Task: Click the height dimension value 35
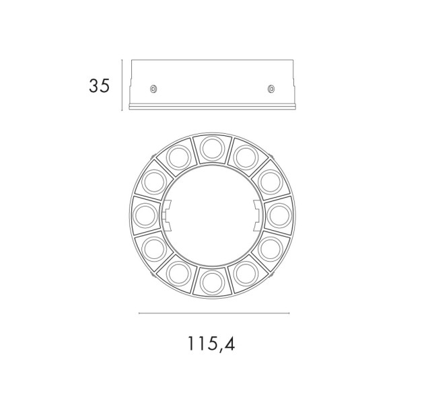coord(99,86)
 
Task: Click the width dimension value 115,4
coord(211,344)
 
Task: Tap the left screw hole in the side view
coord(153,89)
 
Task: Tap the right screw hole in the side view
coord(271,89)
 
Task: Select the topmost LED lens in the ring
coord(213,149)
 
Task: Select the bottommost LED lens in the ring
coord(213,283)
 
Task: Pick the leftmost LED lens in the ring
coord(145,216)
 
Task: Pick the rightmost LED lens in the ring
coord(279,216)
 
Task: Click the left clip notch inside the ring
coord(166,216)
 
